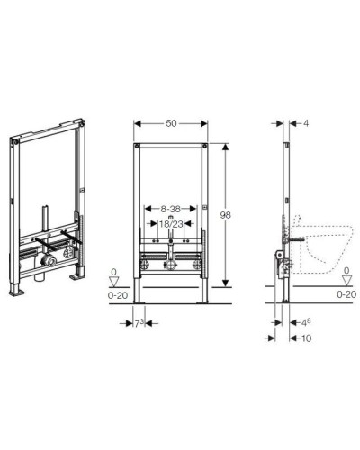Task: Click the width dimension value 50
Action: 171,124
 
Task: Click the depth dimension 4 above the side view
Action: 305,124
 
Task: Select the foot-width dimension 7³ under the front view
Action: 140,322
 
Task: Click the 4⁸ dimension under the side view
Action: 306,321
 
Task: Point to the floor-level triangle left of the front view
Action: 113,280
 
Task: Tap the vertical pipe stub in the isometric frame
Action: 43,220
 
